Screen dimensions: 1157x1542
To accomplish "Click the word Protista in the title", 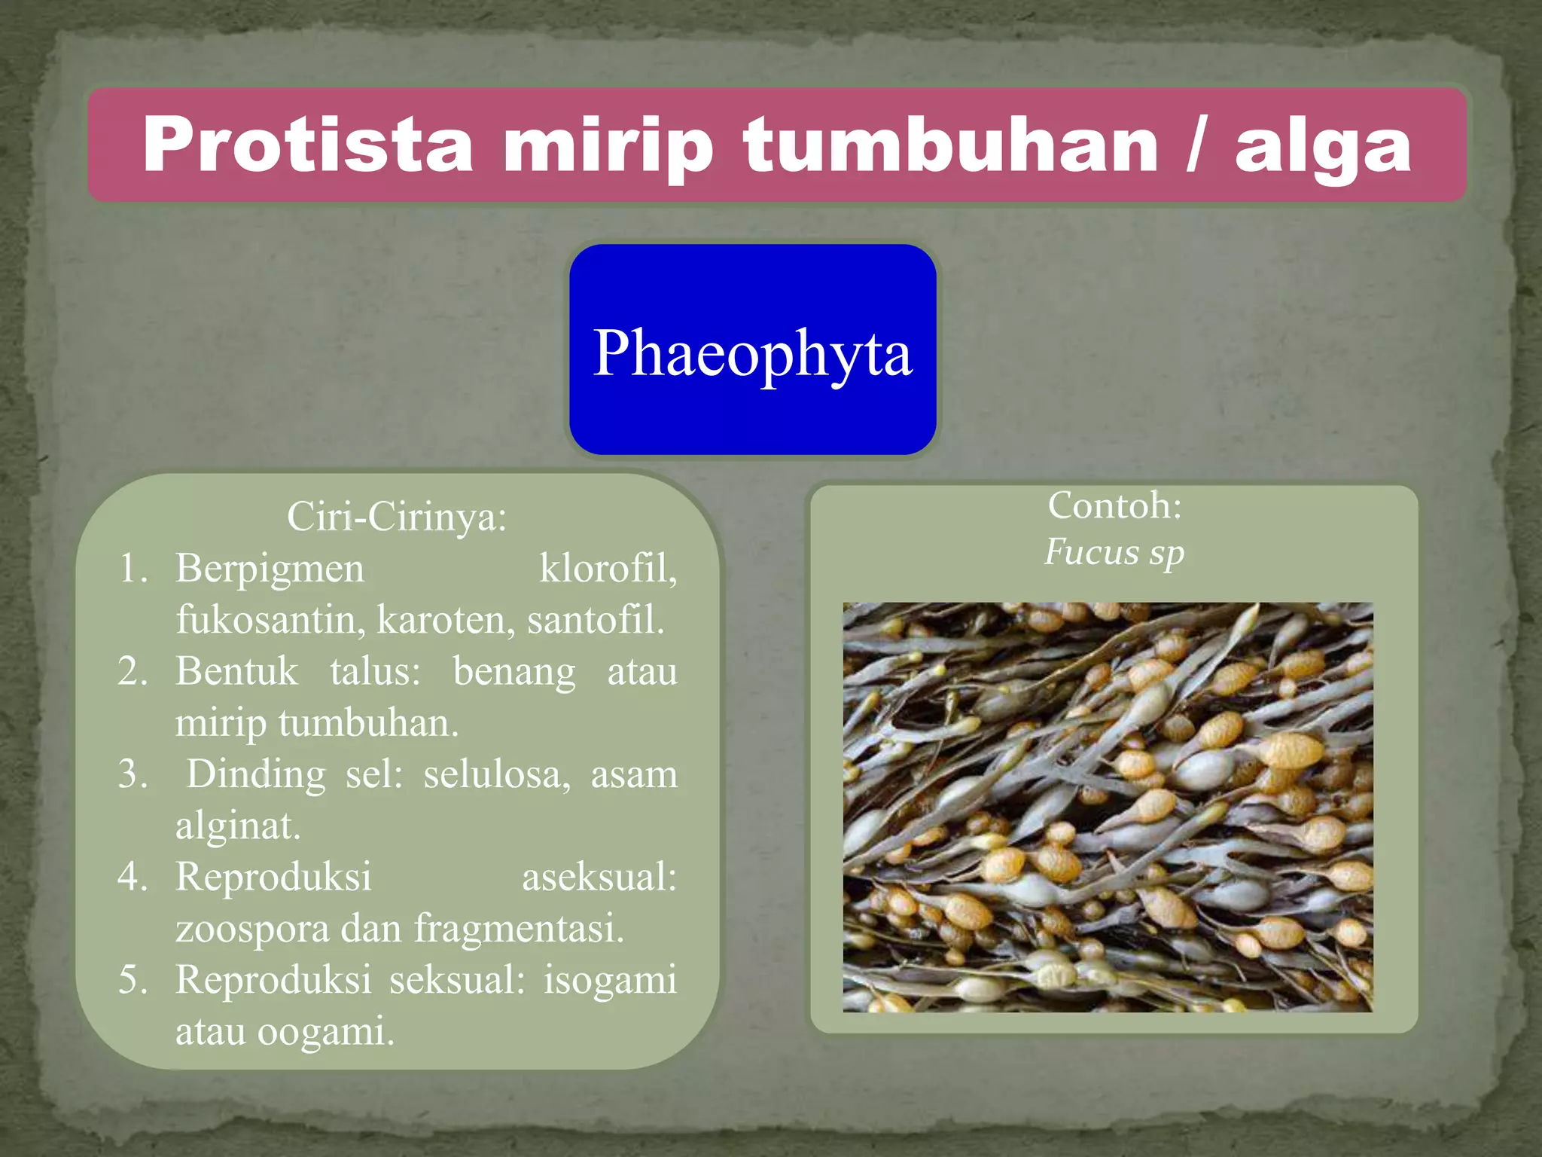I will pyautogui.click(x=307, y=145).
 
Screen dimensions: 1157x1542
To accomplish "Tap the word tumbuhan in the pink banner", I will pyautogui.click(x=950, y=145).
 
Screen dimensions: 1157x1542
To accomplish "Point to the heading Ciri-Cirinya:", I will pyautogui.click(x=397, y=517).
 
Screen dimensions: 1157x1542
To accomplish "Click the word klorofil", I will pyautogui.click(x=608, y=568).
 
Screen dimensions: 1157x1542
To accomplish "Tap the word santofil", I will pyautogui.click(x=596, y=620).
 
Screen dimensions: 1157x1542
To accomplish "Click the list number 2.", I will pyautogui.click(x=132, y=671).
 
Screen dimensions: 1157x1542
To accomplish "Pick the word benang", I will pyautogui.click(x=513, y=671).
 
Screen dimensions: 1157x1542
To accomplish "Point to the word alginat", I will pyautogui.click(x=238, y=826).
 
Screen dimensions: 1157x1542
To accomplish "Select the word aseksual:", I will pyautogui.click(x=599, y=877).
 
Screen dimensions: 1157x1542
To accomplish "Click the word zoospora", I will pyautogui.click(x=252, y=928).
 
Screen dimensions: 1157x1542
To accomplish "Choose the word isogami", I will pyautogui.click(x=610, y=980).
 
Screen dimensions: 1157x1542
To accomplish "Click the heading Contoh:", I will pyautogui.click(x=1114, y=505).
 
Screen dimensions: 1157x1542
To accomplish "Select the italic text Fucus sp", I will pyautogui.click(x=1114, y=552).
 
